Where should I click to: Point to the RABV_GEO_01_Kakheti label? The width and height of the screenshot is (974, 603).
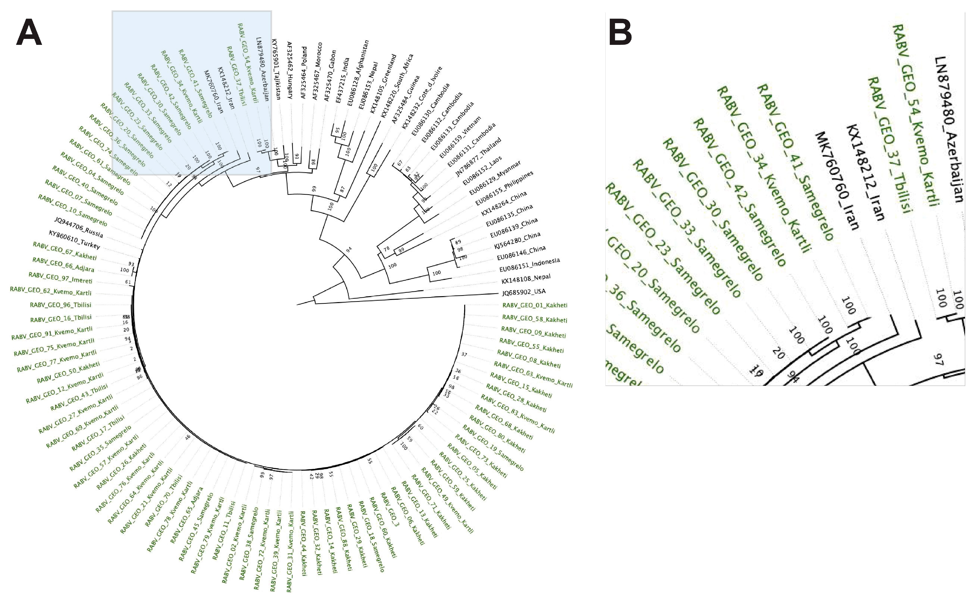pos(535,305)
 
